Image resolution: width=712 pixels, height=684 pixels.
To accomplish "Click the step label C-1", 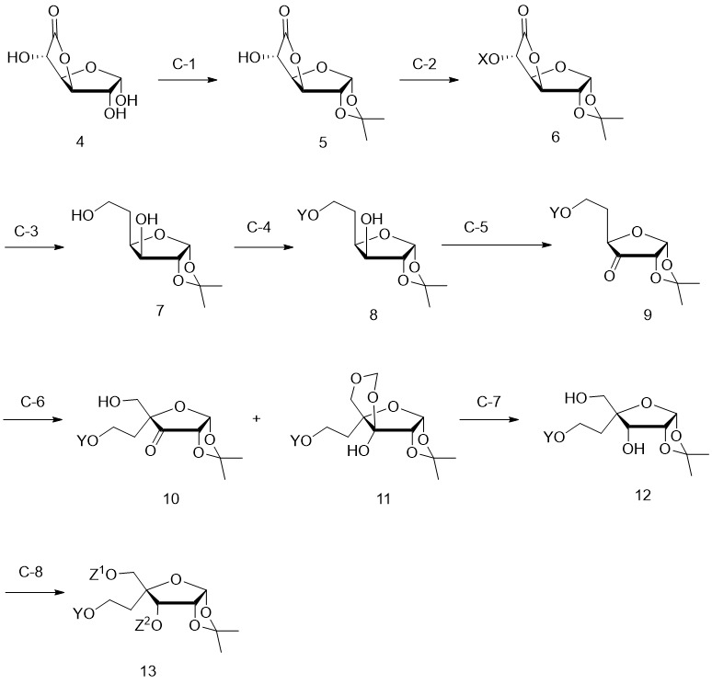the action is (184, 63).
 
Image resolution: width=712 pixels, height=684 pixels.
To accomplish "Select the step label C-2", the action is (425, 63).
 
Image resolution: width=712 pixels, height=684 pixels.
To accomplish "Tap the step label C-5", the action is (476, 227).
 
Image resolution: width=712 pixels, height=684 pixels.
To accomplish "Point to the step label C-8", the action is (31, 572).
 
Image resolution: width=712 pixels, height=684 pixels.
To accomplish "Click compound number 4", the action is (80, 142).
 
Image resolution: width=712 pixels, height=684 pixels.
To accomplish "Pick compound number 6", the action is (556, 137).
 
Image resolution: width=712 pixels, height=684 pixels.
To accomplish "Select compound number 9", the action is (648, 314).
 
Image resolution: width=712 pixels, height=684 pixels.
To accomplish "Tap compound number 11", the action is (384, 499).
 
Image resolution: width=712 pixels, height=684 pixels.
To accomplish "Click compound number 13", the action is (148, 671).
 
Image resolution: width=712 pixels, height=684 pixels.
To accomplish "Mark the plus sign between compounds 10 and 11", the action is (257, 418).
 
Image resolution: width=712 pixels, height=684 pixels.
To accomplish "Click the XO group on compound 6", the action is (488, 60).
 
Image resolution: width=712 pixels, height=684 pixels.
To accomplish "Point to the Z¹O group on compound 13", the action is (103, 575).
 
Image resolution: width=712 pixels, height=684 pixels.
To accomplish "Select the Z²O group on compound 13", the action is (148, 625).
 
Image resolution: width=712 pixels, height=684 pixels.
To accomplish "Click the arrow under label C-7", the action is (489, 419).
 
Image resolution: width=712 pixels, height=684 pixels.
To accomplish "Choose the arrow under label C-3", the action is (35, 247).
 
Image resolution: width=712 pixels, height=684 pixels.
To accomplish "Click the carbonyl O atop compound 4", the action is (54, 11).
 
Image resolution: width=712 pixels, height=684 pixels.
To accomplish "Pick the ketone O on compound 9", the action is (609, 276).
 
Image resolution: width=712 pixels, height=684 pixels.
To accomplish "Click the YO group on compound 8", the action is (308, 215).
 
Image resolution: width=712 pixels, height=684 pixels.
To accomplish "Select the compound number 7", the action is (160, 312).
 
